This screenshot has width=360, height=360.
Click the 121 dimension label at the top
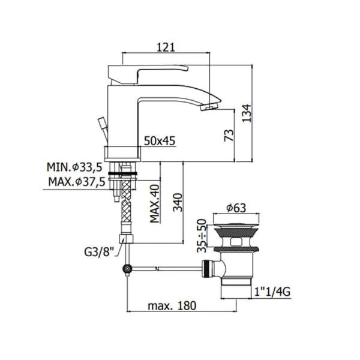[166, 47]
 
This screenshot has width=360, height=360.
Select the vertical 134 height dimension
[247, 113]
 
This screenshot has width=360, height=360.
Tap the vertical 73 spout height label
[229, 135]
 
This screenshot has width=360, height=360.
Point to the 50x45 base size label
[160, 141]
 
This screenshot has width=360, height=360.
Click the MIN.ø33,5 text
[74, 167]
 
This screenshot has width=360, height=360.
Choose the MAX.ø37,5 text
[77, 182]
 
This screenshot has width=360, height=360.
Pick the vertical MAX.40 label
[155, 203]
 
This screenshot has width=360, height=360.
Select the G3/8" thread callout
[99, 253]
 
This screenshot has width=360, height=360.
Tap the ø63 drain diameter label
[236, 208]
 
